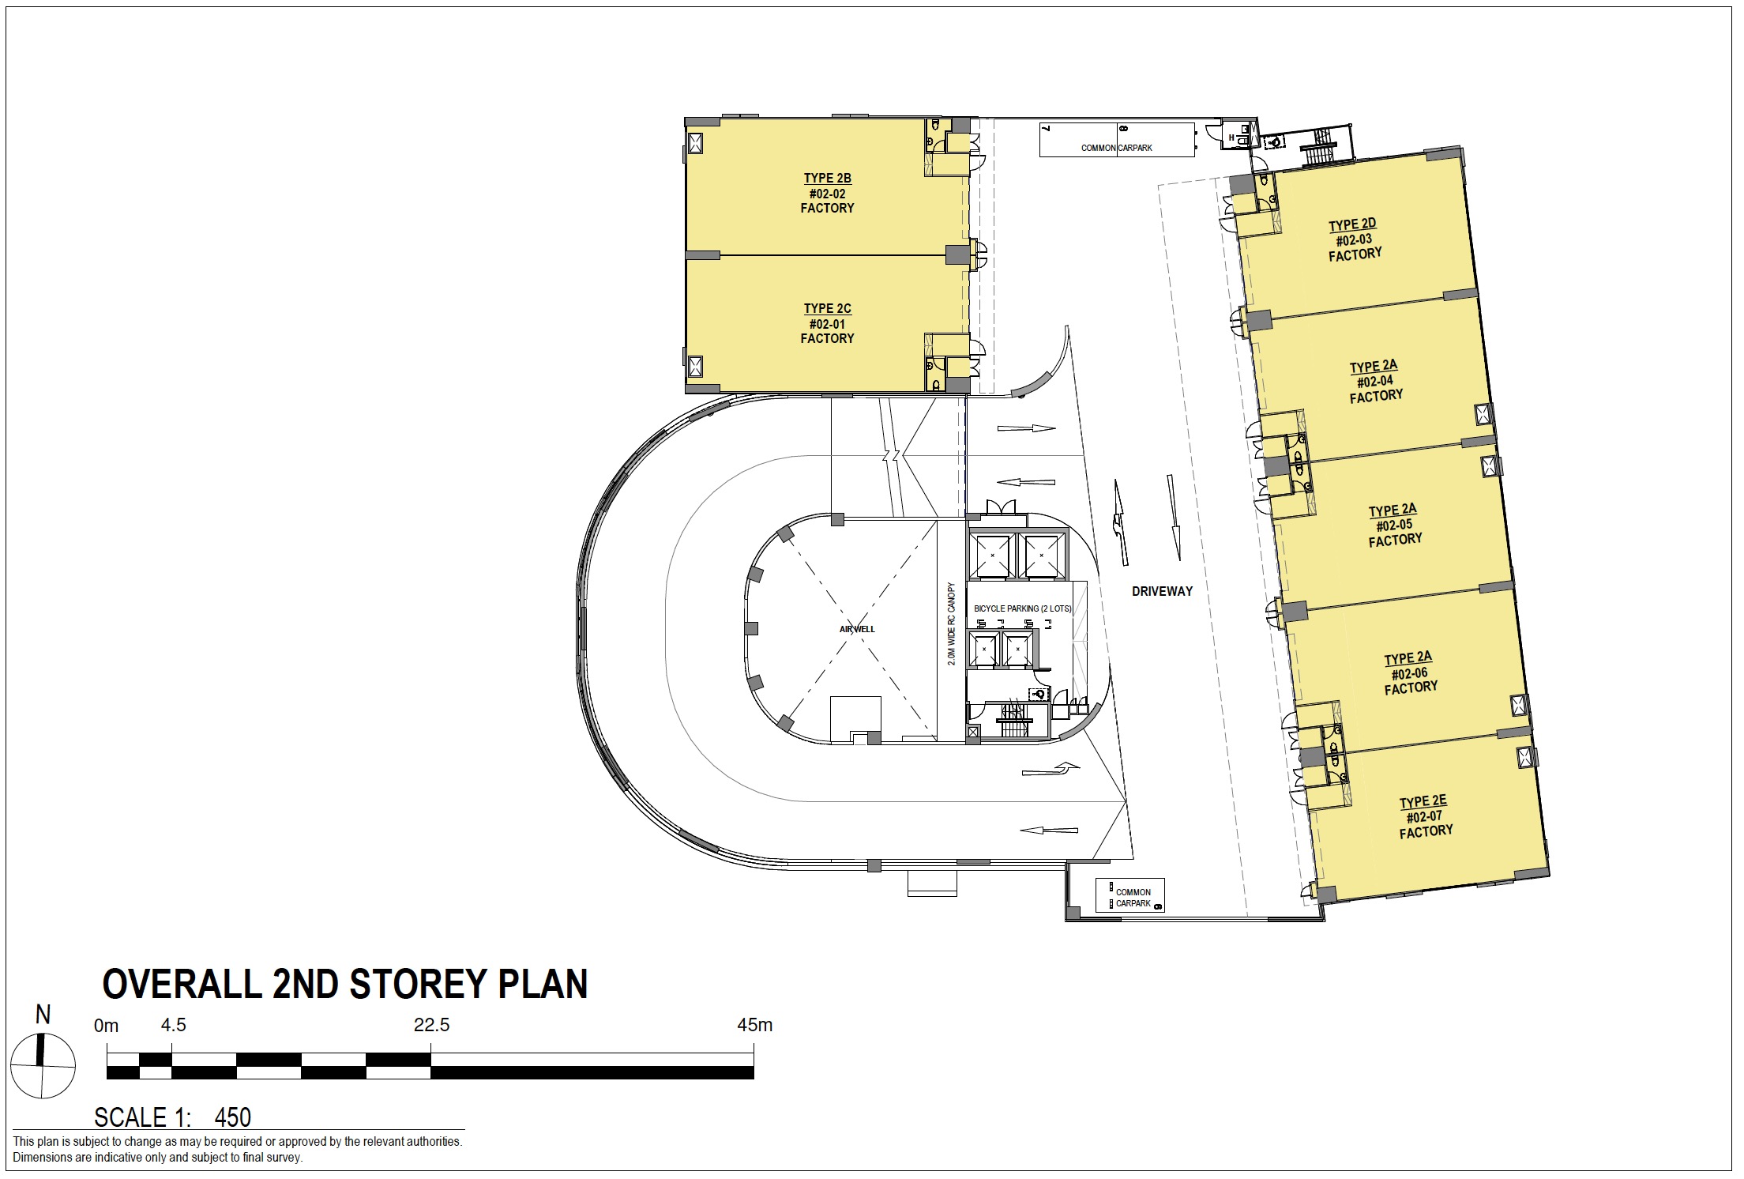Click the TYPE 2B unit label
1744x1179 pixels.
pyautogui.click(x=827, y=179)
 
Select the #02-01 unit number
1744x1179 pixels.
pyautogui.click(x=827, y=324)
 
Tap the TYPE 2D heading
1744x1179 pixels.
pyautogui.click(x=1352, y=225)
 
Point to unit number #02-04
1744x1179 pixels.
pyautogui.click(x=1375, y=382)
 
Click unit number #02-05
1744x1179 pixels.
pyautogui.click(x=1394, y=525)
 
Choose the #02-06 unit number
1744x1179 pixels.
pyautogui.click(x=1409, y=674)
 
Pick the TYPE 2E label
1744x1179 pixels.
pyautogui.click(x=1423, y=802)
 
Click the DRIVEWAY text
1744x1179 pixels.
pyautogui.click(x=1162, y=591)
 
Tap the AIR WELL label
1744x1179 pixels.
pyautogui.click(x=857, y=630)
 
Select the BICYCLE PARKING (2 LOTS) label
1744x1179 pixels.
pyautogui.click(x=1023, y=609)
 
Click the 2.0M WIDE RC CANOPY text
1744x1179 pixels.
pyautogui.click(x=952, y=624)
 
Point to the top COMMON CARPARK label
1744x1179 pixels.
pyautogui.click(x=1116, y=148)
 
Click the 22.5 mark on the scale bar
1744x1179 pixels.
pyautogui.click(x=431, y=1026)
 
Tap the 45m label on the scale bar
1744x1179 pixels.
pyautogui.click(x=754, y=1026)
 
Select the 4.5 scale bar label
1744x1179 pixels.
pyautogui.click(x=173, y=1026)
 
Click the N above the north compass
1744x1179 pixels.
pyautogui.click(x=43, y=1015)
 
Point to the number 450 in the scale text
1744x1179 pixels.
pyautogui.click(x=232, y=1117)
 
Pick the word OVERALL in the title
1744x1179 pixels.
pyautogui.click(x=182, y=985)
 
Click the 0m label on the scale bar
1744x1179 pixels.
pyautogui.click(x=106, y=1026)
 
